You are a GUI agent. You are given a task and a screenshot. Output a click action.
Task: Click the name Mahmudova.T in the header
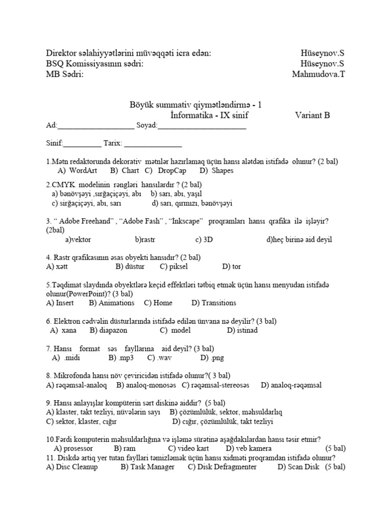[x=318, y=74]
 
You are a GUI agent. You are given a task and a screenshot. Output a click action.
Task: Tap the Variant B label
[x=312, y=115]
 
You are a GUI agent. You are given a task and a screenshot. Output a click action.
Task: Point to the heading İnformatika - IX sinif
[x=209, y=115]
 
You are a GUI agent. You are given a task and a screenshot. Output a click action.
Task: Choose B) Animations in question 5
[x=111, y=303]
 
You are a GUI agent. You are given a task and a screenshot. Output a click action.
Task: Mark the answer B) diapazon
[x=108, y=330]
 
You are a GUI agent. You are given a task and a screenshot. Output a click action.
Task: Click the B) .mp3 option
[x=120, y=358]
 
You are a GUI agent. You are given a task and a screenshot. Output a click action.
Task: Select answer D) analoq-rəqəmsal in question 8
[x=291, y=385]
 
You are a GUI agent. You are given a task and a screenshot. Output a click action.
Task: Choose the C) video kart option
[x=188, y=449]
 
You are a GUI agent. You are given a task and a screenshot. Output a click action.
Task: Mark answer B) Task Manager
[x=148, y=466]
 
